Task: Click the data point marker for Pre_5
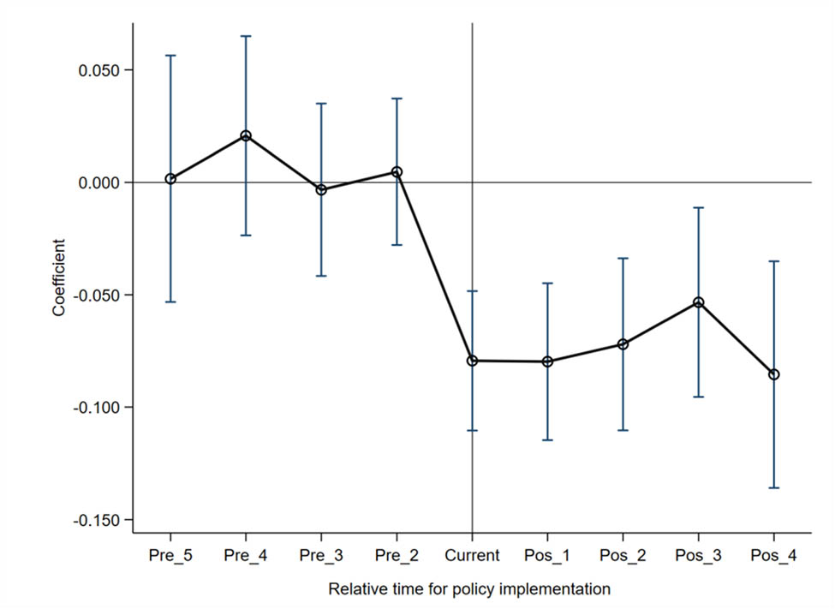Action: click(x=170, y=179)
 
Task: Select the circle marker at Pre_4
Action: click(x=246, y=135)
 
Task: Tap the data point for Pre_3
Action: click(x=321, y=190)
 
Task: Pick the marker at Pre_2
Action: click(x=397, y=172)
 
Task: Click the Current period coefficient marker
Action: click(x=472, y=361)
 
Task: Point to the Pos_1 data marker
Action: click(x=547, y=361)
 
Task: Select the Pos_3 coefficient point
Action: click(x=698, y=302)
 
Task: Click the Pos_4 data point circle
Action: click(x=773, y=374)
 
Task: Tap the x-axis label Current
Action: click(x=472, y=556)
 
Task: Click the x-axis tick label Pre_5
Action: click(x=170, y=556)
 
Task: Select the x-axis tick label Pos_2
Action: click(x=623, y=556)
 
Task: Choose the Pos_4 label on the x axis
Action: click(x=773, y=556)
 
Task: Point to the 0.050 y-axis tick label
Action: click(x=99, y=70)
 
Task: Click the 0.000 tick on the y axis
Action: click(x=99, y=182)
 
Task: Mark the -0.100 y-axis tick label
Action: click(x=97, y=408)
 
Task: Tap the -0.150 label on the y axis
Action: click(x=97, y=520)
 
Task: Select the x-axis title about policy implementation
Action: click(x=469, y=589)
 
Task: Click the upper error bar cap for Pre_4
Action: click(x=246, y=36)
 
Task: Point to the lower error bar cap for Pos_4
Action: click(x=773, y=487)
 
